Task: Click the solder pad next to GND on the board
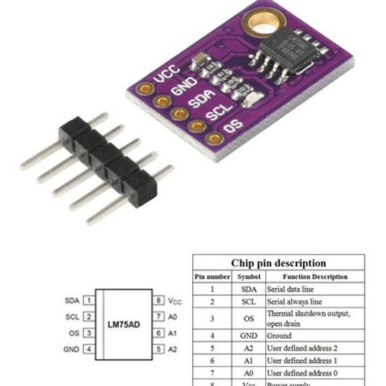tap(162, 101)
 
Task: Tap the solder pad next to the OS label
tap(215, 138)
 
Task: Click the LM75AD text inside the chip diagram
tap(125, 325)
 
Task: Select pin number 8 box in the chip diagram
tap(159, 301)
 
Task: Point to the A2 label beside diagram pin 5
tap(173, 349)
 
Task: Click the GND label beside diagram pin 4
tap(71, 349)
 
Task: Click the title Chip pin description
tap(278, 263)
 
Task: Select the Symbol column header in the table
tap(249, 276)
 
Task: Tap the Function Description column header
tap(315, 276)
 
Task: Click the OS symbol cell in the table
tap(249, 318)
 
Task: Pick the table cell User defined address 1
tap(302, 361)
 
